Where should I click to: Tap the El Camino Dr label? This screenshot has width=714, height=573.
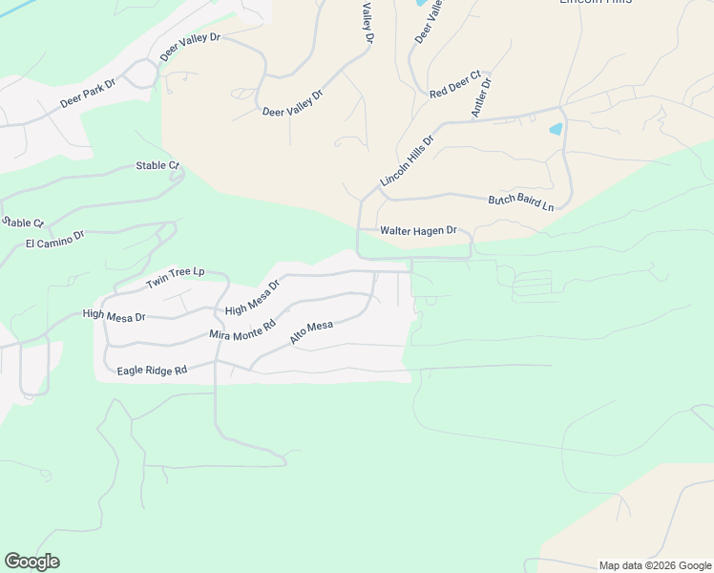(x=55, y=238)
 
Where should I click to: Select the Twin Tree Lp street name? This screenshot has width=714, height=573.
(x=175, y=279)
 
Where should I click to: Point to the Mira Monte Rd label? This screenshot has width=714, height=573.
(x=235, y=330)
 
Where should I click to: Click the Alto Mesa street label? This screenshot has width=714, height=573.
(x=311, y=332)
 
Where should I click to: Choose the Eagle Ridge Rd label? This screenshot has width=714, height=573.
(x=152, y=370)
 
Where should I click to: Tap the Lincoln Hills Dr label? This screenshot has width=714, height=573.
(x=407, y=160)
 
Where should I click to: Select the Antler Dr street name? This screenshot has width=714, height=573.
(x=480, y=97)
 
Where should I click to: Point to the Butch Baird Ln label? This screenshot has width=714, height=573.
(x=521, y=202)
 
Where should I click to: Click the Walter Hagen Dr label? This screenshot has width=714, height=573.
(x=419, y=231)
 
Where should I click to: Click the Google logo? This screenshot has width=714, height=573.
(x=31, y=562)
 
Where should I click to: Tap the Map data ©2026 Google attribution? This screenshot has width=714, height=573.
(x=655, y=565)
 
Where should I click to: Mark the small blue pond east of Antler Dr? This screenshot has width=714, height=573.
(x=556, y=128)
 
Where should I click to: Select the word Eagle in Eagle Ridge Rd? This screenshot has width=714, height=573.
(x=131, y=371)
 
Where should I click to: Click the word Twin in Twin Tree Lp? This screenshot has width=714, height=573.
(x=157, y=284)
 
